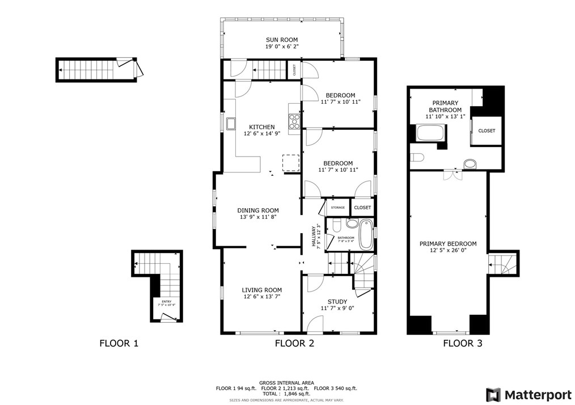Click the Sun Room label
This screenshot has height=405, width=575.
pyautogui.click(x=282, y=40)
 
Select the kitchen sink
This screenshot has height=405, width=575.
pyautogui.click(x=231, y=124)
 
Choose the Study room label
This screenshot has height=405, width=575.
pyautogui.click(x=337, y=302)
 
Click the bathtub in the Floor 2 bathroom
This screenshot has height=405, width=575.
pyautogui.click(x=366, y=234)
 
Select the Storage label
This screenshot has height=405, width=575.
pyautogui.click(x=338, y=208)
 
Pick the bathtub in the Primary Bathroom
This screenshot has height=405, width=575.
pyautogui.click(x=430, y=134)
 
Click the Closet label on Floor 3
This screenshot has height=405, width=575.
pyautogui.click(x=486, y=130)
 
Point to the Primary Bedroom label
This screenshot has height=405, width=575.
pyautogui.click(x=448, y=244)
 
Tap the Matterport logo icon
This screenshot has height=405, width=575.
pyautogui.click(x=493, y=394)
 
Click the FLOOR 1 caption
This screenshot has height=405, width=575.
pyautogui.click(x=119, y=343)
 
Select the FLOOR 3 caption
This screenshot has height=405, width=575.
pyautogui.click(x=463, y=343)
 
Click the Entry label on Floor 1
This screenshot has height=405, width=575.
pyautogui.click(x=166, y=302)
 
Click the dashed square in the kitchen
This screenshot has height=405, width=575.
pyautogui.click(x=290, y=162)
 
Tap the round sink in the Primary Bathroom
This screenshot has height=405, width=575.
pyautogui.click(x=470, y=164)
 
